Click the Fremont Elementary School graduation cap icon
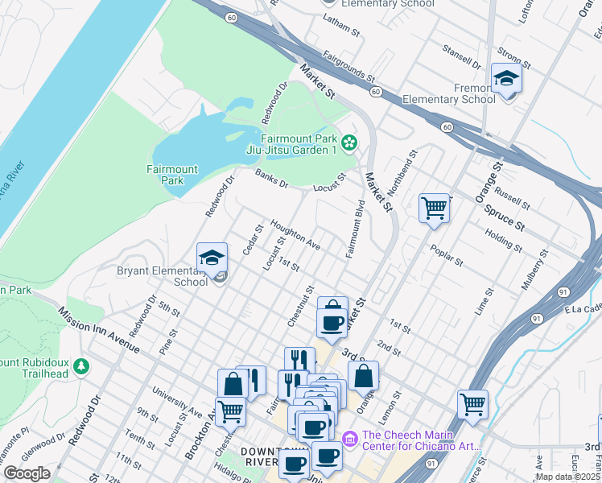(x=506, y=79)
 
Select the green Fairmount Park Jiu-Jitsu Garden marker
(x=349, y=143)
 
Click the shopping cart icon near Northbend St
(x=434, y=208)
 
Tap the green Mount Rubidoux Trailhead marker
(x=80, y=367)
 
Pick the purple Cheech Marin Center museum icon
(x=350, y=438)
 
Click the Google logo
(x=27, y=473)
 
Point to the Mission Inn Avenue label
(x=97, y=329)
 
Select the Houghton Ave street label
(x=295, y=234)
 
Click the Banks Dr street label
(x=271, y=179)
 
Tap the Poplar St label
(x=447, y=256)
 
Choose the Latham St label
(x=340, y=27)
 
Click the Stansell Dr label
(x=461, y=59)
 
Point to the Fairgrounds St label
(x=348, y=68)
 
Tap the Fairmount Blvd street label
(x=356, y=229)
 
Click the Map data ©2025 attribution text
(x=568, y=477)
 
